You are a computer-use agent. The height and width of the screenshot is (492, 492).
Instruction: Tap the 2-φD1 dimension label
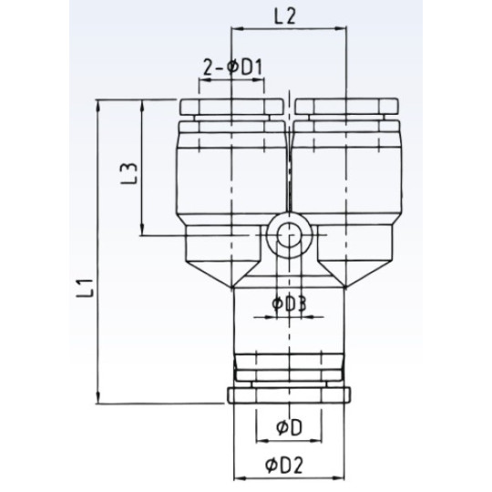232,66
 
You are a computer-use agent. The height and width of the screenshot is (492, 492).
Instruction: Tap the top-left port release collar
234,108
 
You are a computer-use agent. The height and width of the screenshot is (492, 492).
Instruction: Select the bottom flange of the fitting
289,396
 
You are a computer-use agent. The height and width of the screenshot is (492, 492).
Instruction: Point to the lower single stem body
289,328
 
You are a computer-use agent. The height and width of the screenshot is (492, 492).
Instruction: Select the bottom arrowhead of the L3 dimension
144,231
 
